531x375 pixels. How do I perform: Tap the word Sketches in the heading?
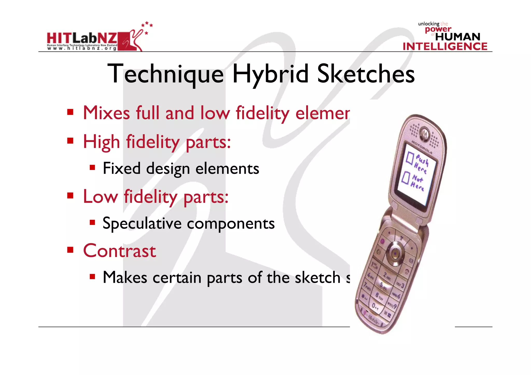point(366,74)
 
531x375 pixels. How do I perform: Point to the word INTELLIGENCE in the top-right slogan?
point(445,47)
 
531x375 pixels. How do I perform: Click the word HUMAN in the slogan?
point(458,37)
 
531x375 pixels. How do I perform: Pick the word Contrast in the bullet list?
point(120,251)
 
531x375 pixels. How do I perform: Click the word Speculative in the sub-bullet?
point(142,223)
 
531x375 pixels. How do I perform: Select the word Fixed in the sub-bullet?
point(122,168)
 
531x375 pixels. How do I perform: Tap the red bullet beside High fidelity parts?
point(70,141)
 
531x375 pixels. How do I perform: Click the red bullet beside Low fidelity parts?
point(70,195)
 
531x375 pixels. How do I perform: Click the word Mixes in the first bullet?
point(106,113)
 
